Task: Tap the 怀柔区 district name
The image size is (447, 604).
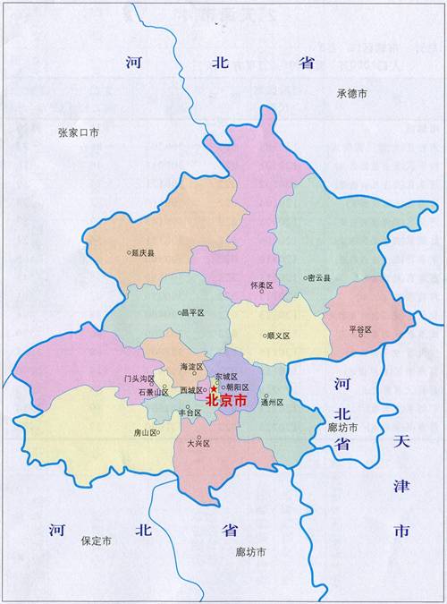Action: click(262, 285)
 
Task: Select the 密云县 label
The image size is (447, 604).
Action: click(319, 278)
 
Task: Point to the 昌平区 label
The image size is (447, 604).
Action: click(193, 313)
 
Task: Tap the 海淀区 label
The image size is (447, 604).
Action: click(192, 367)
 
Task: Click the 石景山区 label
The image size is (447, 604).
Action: click(148, 392)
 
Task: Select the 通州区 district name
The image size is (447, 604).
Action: click(272, 403)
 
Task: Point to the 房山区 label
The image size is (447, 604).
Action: click(145, 432)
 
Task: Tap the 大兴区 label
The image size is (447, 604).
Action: click(198, 444)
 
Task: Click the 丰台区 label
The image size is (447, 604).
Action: click(190, 413)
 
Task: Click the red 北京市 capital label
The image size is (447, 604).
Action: click(223, 400)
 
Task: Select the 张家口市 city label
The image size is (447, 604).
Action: click(78, 132)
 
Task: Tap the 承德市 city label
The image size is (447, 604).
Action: click(352, 93)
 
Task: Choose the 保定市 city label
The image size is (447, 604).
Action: click(96, 541)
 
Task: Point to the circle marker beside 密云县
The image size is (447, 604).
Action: click(305, 278)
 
